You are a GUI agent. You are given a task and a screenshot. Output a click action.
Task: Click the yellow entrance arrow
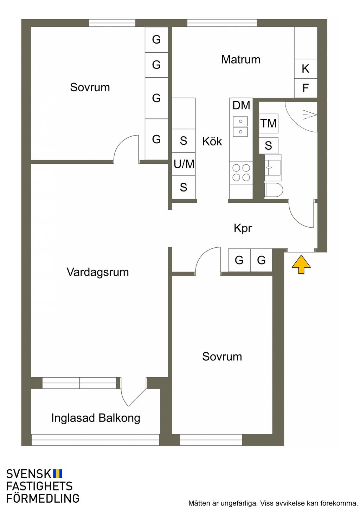pos(301,264)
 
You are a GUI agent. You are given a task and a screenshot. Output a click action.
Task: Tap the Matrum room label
pos(240,59)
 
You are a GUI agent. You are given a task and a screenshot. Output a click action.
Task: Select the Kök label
pos(212,141)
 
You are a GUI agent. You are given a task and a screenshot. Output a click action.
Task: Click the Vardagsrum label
pos(98,272)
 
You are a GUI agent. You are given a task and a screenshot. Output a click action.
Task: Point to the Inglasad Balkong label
pos(96,418)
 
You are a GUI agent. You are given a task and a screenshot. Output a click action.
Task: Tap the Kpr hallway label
pos(243,228)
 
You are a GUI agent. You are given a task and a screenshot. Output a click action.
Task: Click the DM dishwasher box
pos(241,105)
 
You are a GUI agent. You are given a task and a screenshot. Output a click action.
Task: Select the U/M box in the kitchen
pos(184,164)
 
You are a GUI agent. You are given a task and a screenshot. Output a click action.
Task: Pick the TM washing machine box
pos(269,123)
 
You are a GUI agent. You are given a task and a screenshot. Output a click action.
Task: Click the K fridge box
pos(306,68)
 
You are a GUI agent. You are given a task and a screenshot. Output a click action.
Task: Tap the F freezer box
pos(306,88)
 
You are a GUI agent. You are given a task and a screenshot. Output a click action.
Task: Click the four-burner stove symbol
pos(241,172)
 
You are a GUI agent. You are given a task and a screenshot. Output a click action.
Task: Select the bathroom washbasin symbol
pos(273,168)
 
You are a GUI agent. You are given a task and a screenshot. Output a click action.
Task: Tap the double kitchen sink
pos(240,126)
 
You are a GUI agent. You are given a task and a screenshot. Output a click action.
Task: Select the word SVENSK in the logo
pos(28,474)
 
